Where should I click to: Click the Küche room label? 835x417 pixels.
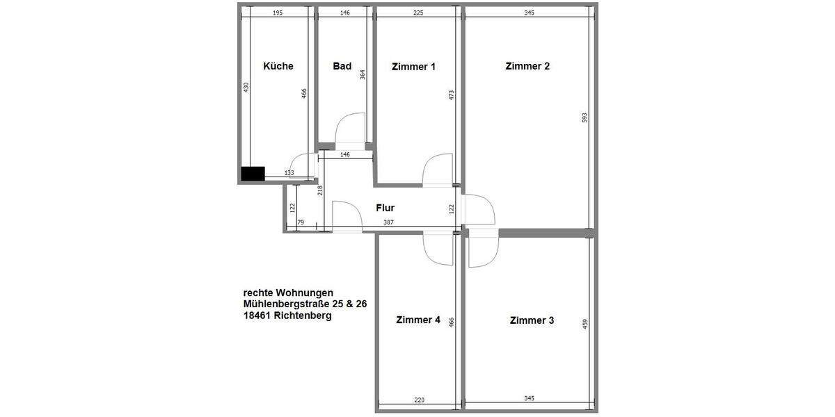[x=278, y=67]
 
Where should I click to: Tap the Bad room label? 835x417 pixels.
[x=342, y=67]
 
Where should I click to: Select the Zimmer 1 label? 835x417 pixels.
[x=413, y=67]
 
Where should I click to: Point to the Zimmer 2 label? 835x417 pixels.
[x=527, y=67]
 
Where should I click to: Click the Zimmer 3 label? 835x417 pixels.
[x=532, y=320]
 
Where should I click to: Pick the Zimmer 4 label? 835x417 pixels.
[x=417, y=320]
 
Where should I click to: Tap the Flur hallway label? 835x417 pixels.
[x=385, y=208]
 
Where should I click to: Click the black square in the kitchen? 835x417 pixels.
[x=253, y=174]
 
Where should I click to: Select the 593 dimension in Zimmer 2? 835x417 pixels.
[x=584, y=119]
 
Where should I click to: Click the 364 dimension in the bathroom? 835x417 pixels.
[x=363, y=74]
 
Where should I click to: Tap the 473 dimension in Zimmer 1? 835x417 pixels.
[x=452, y=95]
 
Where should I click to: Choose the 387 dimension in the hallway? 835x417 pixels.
[x=389, y=222]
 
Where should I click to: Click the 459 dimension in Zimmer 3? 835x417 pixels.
[x=585, y=325]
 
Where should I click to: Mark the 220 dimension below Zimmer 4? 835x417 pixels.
[x=419, y=400]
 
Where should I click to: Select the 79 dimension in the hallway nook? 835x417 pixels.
[x=301, y=222]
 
